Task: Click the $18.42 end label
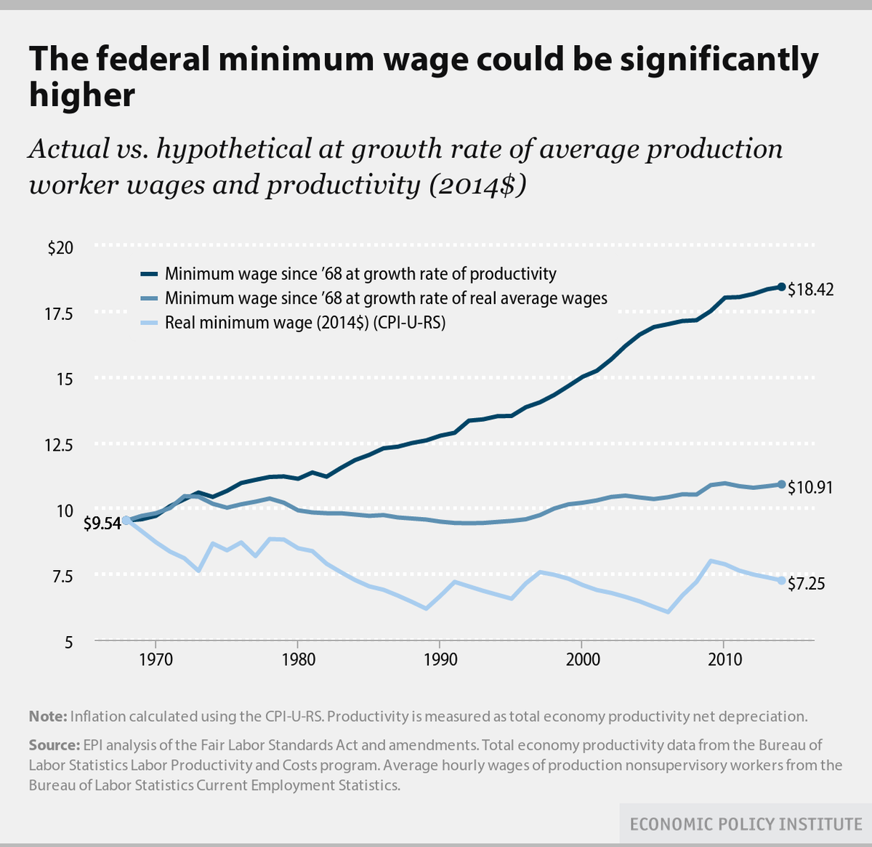811,289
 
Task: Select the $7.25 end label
807,583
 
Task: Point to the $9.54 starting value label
102,523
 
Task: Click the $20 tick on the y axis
60,247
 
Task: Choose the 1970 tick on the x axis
156,659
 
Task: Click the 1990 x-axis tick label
440,659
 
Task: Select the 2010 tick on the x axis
724,659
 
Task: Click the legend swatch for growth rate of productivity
149,274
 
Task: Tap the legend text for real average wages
386,298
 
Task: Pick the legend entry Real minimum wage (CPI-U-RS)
305,322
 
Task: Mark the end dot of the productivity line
781,287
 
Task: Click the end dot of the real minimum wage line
781,581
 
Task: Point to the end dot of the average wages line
781,484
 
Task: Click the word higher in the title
81,96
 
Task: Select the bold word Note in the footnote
48,716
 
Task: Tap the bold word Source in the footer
54,745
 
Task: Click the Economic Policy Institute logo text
746,824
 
